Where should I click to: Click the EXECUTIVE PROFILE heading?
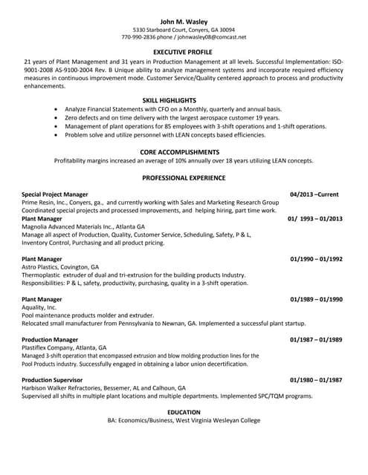184,52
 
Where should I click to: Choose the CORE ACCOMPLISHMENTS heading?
184,151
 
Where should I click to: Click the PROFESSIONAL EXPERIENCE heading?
184,178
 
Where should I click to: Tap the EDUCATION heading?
184,412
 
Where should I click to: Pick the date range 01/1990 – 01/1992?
316,258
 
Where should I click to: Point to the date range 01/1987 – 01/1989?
316,339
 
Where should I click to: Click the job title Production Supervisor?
54,379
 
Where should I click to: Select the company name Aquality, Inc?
39,307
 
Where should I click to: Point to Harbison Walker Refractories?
67,387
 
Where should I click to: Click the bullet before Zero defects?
57,117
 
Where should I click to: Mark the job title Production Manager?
51,339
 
